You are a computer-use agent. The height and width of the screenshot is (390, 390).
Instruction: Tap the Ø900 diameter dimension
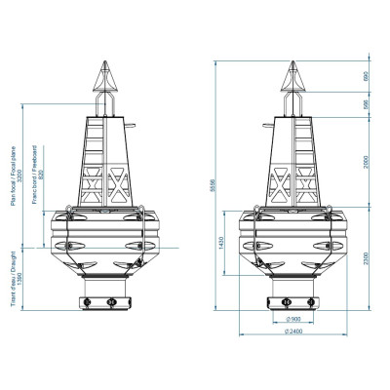292,319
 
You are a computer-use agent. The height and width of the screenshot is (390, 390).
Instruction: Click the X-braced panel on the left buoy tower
119,181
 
